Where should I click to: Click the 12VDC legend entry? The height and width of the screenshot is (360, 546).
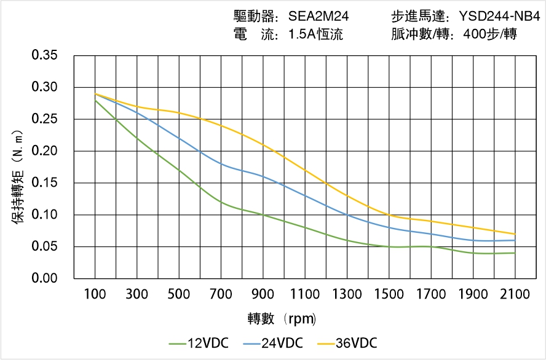(x=197, y=343)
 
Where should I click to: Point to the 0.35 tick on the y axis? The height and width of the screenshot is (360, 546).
(x=45, y=55)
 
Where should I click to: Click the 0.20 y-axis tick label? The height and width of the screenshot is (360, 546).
(x=45, y=151)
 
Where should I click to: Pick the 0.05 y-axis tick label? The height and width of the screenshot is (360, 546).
(x=45, y=247)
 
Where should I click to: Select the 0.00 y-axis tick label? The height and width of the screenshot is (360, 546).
(x=45, y=279)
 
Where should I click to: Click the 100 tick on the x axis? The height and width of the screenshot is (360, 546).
(x=95, y=294)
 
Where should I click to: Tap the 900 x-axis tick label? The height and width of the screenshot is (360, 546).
(x=263, y=294)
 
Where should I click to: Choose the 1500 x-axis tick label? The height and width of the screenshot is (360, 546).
(x=389, y=294)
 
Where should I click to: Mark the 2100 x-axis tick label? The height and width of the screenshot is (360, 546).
(x=515, y=294)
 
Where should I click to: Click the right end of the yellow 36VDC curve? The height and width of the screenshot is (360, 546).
(x=515, y=234)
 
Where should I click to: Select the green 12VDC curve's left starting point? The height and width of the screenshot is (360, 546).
(x=95, y=100)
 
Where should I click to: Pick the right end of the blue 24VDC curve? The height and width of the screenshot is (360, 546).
(x=515, y=240)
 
